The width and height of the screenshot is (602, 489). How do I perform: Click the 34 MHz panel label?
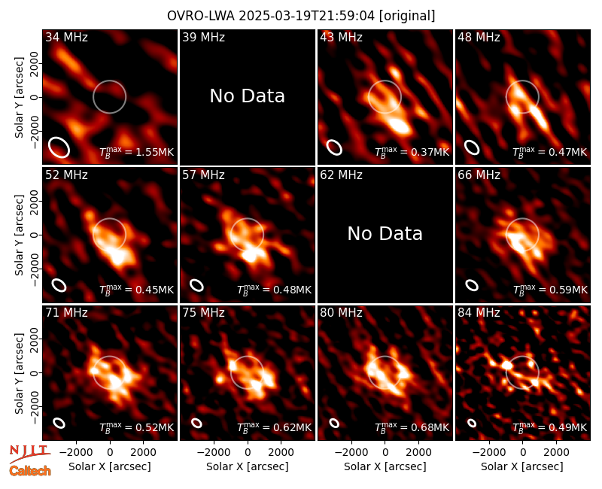pos(66,37)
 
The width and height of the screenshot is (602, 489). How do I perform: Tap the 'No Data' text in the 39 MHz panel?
pos(248,96)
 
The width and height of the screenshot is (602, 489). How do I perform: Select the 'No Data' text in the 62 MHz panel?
pos(385,234)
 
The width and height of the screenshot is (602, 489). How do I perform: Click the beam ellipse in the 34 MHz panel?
pos(59,147)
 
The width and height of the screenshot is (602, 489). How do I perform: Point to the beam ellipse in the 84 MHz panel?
pos(472,423)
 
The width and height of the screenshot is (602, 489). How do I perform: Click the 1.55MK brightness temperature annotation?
pos(137,152)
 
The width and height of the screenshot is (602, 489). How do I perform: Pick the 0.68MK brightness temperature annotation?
pos(412,427)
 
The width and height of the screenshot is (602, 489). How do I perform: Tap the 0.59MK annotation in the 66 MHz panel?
pos(550,290)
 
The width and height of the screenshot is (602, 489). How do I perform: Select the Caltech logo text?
pos(30,471)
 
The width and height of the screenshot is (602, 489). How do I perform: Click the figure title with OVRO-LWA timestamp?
pos(301,16)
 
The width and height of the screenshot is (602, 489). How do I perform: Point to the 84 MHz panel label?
pos(479,313)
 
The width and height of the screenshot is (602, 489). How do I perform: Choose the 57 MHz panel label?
pos(203,175)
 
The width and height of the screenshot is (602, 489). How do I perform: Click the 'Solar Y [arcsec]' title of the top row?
pos(19,98)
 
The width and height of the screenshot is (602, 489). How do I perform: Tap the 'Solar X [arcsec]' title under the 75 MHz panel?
pos(248,466)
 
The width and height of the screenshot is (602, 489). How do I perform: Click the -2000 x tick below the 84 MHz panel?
pos(488,452)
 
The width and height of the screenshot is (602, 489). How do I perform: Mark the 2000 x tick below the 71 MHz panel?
pos(143,452)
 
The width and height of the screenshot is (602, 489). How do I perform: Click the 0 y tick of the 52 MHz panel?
pos(35,235)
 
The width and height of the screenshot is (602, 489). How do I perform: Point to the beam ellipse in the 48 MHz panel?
pos(472,147)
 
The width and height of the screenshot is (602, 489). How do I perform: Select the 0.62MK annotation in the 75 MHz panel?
pos(274,427)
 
